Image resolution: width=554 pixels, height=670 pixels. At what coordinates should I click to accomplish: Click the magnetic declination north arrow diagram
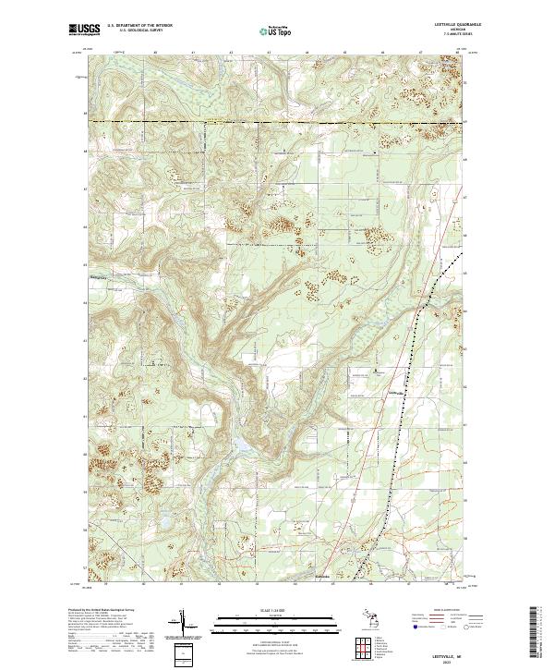click(x=184, y=626)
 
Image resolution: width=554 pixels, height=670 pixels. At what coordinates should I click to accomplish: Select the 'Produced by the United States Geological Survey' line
click(x=101, y=611)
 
